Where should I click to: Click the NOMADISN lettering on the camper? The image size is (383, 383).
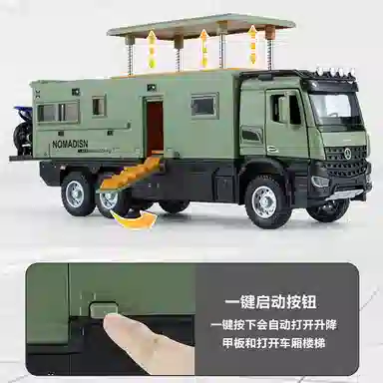pyautogui.click(x=70, y=144)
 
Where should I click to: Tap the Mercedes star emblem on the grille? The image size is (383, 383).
pyautogui.click(x=348, y=152)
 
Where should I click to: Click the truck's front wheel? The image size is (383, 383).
pyautogui.click(x=264, y=201)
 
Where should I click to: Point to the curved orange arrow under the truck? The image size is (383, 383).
pyautogui.click(x=134, y=219)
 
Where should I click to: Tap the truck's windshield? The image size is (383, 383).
pyautogui.click(x=332, y=109)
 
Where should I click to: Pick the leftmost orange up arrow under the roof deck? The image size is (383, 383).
pyautogui.click(x=152, y=49)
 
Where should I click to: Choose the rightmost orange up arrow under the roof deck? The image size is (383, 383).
pyautogui.click(x=253, y=46)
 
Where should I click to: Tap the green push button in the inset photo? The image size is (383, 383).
pyautogui.click(x=105, y=308)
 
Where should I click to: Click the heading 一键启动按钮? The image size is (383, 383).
pyautogui.click(x=270, y=302)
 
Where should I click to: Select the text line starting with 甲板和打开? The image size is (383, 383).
pyautogui.click(x=273, y=342)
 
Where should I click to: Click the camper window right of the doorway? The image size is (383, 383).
pyautogui.click(x=203, y=106)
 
